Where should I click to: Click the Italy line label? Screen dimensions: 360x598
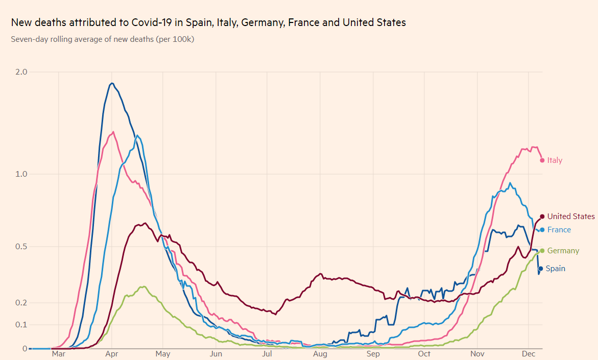pyautogui.click(x=555, y=160)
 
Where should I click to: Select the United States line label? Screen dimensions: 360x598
pyautogui.click(x=571, y=217)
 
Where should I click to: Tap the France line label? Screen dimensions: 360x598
pyautogui.click(x=559, y=230)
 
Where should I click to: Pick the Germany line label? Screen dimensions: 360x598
pyautogui.click(x=563, y=251)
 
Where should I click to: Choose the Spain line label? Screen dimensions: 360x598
pyautogui.click(x=555, y=269)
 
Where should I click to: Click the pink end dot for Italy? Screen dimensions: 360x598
pyautogui.click(x=542, y=160)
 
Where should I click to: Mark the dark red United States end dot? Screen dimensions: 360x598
pyautogui.click(x=542, y=217)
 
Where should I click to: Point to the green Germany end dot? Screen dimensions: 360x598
pyautogui.click(x=542, y=251)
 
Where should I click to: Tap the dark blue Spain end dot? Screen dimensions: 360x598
pyautogui.click(x=540, y=269)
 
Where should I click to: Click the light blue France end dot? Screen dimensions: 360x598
pyautogui.click(x=542, y=230)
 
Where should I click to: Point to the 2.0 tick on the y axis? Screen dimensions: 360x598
pyautogui.click(x=21, y=72)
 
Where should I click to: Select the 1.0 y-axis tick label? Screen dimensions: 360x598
pyautogui.click(x=21, y=174)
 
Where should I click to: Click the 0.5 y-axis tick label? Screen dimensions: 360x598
pyautogui.click(x=21, y=247)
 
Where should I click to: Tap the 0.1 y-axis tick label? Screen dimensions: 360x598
pyautogui.click(x=21, y=325)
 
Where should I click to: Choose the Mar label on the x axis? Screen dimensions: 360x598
pyautogui.click(x=58, y=354)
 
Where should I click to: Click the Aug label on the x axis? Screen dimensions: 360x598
pyautogui.click(x=320, y=354)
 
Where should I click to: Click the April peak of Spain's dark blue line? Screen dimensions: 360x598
pyautogui.click(x=112, y=83)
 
